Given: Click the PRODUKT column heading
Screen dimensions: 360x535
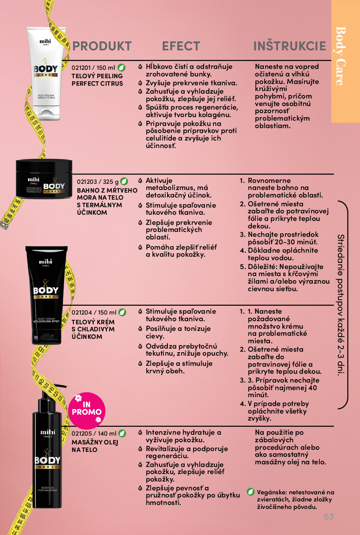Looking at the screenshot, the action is [102, 46].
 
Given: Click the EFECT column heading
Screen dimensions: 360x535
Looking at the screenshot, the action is [181, 46].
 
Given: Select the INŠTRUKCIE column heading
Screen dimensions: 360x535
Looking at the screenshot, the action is [290, 46].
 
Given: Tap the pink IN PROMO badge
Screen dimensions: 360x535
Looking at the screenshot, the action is [87, 410].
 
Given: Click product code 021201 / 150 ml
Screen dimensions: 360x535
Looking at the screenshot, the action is [93, 68].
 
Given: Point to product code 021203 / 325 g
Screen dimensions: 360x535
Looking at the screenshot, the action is [98, 182].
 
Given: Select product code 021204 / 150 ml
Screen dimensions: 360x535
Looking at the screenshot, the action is [94, 312].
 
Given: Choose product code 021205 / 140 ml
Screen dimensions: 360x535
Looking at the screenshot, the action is [94, 433].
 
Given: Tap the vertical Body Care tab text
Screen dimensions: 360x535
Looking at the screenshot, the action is [341, 56].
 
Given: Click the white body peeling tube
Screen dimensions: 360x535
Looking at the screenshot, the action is [46, 73].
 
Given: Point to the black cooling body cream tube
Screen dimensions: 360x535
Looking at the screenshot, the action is [46, 295].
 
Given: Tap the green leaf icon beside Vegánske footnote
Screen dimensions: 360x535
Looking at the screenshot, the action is [250, 492].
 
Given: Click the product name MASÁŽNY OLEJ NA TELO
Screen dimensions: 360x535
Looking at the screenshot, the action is [95, 446].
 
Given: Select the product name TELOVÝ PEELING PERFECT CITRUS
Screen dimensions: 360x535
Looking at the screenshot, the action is [97, 80].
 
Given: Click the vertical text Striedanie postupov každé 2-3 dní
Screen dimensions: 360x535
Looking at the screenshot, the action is [341, 305].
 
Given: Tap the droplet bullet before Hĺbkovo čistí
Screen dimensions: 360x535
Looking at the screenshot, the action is [140, 67].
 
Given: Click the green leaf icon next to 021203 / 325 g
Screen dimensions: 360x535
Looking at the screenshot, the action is [124, 182].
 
